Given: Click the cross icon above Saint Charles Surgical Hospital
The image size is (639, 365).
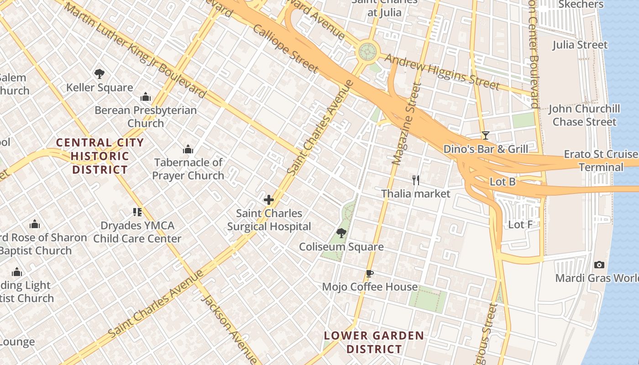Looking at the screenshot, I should click(x=269, y=200).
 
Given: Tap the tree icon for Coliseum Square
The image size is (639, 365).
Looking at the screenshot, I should click(x=341, y=234).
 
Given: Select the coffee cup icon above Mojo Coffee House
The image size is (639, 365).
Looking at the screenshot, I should click(x=370, y=274).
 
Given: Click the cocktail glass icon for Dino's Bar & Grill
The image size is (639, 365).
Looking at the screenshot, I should click(x=486, y=136).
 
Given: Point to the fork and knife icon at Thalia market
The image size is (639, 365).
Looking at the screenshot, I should click(x=416, y=180).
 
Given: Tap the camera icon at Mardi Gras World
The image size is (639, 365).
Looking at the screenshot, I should click(x=599, y=265).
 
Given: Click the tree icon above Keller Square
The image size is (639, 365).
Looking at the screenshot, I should click(x=99, y=74).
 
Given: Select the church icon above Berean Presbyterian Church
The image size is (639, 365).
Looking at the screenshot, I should click(x=146, y=97).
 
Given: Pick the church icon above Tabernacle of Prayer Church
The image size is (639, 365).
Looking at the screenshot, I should click(x=188, y=149).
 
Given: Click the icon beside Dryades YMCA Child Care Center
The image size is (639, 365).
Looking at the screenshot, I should click(x=137, y=212).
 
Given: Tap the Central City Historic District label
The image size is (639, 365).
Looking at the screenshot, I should click(x=100, y=156).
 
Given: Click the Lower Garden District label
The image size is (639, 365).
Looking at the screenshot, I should click(x=374, y=343).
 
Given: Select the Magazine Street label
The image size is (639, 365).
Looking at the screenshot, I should click(x=405, y=124).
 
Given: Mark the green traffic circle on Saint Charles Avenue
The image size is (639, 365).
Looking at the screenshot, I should click(x=368, y=51).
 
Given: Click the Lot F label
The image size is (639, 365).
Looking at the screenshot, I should click(x=520, y=224).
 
